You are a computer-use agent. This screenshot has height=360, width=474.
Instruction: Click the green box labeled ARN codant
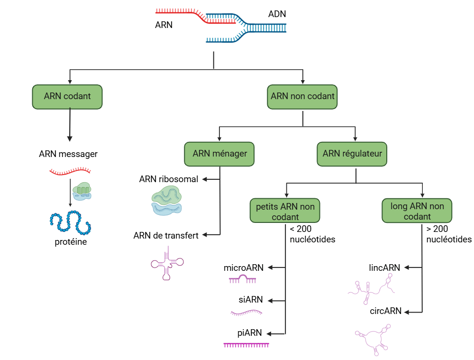coord(67,96)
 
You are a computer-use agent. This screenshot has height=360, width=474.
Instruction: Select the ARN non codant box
coord(302,96)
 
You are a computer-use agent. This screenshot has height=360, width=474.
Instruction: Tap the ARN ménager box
coord(219,154)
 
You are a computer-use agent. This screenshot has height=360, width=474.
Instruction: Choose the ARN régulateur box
coord(352,154)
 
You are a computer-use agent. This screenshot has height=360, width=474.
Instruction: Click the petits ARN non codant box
coord(285,212)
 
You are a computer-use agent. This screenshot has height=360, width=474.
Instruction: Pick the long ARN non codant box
coord(417,211)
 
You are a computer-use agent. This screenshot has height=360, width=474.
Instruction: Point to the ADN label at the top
coord(277,14)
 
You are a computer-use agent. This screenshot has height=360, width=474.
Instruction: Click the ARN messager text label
coord(68,154)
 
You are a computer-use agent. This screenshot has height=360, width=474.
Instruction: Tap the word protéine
coord(70,242)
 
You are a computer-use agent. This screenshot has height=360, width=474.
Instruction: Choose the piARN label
coord(249,333)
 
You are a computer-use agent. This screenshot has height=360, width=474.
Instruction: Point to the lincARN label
coord(384,268)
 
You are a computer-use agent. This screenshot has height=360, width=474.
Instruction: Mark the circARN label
coord(385,311)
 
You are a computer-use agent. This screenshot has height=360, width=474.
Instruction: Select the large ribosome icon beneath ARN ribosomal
coord(166,201)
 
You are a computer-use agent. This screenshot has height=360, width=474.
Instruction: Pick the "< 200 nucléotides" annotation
coord(312,234)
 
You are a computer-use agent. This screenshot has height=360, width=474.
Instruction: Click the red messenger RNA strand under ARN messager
coord(70,171)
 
